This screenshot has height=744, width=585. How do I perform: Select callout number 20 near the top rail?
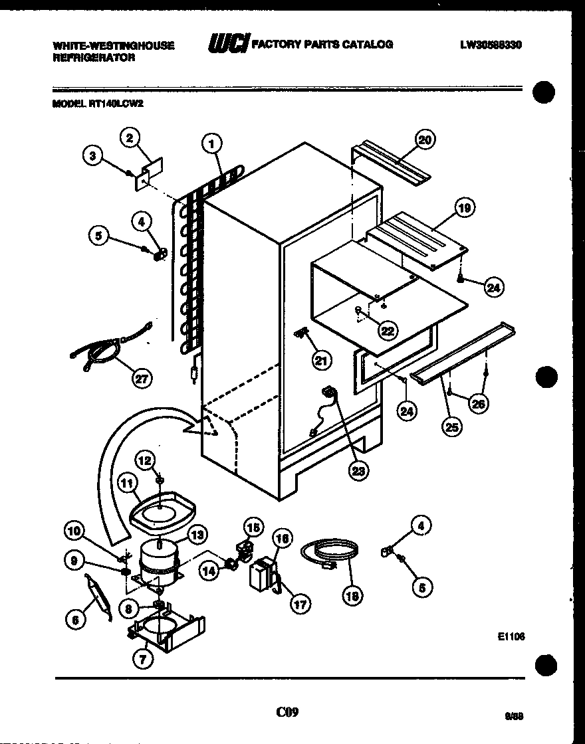424,140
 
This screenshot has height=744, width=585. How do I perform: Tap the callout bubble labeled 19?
464,209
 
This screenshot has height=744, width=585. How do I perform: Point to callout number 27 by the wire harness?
142,379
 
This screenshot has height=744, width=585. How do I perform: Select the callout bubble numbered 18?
353,596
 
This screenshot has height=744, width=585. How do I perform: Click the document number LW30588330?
490,45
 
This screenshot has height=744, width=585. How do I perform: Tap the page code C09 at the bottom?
287,712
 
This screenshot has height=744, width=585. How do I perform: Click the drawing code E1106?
511,636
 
